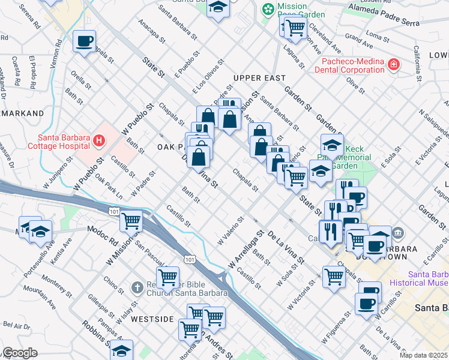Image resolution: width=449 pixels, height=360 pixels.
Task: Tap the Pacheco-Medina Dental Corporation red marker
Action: pyautogui.click(x=393, y=64)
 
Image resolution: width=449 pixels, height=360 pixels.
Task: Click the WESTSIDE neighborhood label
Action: pyautogui.click(x=144, y=319)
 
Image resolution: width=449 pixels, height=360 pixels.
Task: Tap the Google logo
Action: pyautogui.click(x=19, y=353)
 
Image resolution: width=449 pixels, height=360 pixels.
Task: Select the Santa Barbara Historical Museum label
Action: pyautogui.click(x=419, y=277)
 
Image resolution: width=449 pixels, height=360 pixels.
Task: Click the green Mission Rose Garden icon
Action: pyautogui.click(x=268, y=10)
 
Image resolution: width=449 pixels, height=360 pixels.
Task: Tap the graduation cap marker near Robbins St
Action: pyautogui.click(x=122, y=350)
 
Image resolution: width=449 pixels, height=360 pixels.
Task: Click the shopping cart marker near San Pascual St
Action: pyautogui.click(x=167, y=277)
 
